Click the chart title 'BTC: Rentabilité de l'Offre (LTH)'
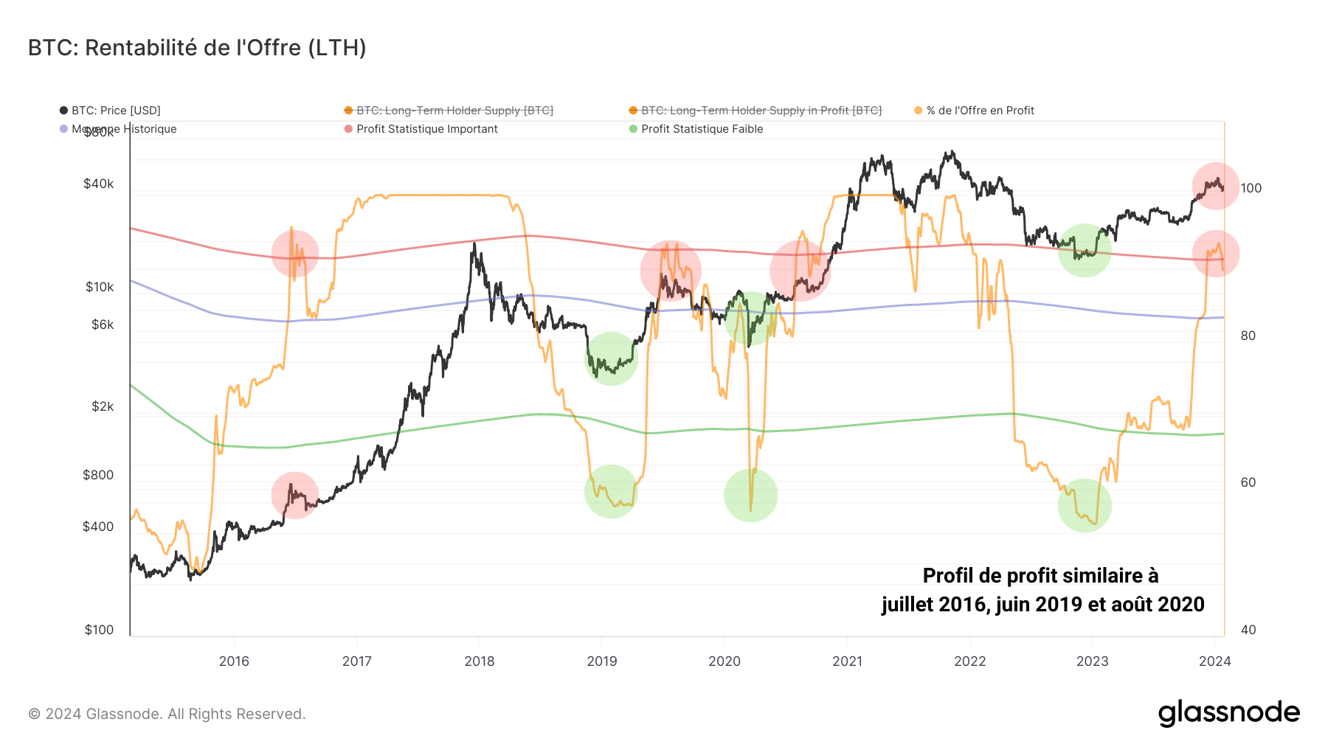click(197, 48)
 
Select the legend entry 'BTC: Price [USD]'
click(115, 111)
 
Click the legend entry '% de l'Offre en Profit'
click(980, 111)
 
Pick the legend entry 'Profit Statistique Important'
click(426, 129)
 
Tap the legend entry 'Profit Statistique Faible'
click(702, 129)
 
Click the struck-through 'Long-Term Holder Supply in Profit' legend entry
click(761, 111)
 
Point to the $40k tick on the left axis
click(99, 184)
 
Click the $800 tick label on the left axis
click(99, 475)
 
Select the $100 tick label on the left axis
click(99, 630)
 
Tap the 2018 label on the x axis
click(480, 661)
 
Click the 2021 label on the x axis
click(847, 661)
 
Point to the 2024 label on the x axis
click(1214, 661)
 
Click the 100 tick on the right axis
click(1251, 188)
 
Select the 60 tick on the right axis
click(1248, 482)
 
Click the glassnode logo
click(1228, 713)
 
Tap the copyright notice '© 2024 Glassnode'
click(167, 714)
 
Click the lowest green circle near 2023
click(1084, 505)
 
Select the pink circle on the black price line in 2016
click(294, 496)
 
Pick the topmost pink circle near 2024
click(1215, 186)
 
